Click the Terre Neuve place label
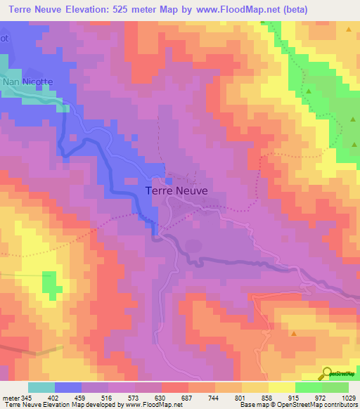176,190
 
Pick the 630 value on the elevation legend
162,397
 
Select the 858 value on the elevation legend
268,397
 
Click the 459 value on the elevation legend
82,397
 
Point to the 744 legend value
215,397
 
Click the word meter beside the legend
9,397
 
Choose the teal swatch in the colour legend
41,387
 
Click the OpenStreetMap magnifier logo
328,374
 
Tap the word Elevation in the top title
85,9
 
